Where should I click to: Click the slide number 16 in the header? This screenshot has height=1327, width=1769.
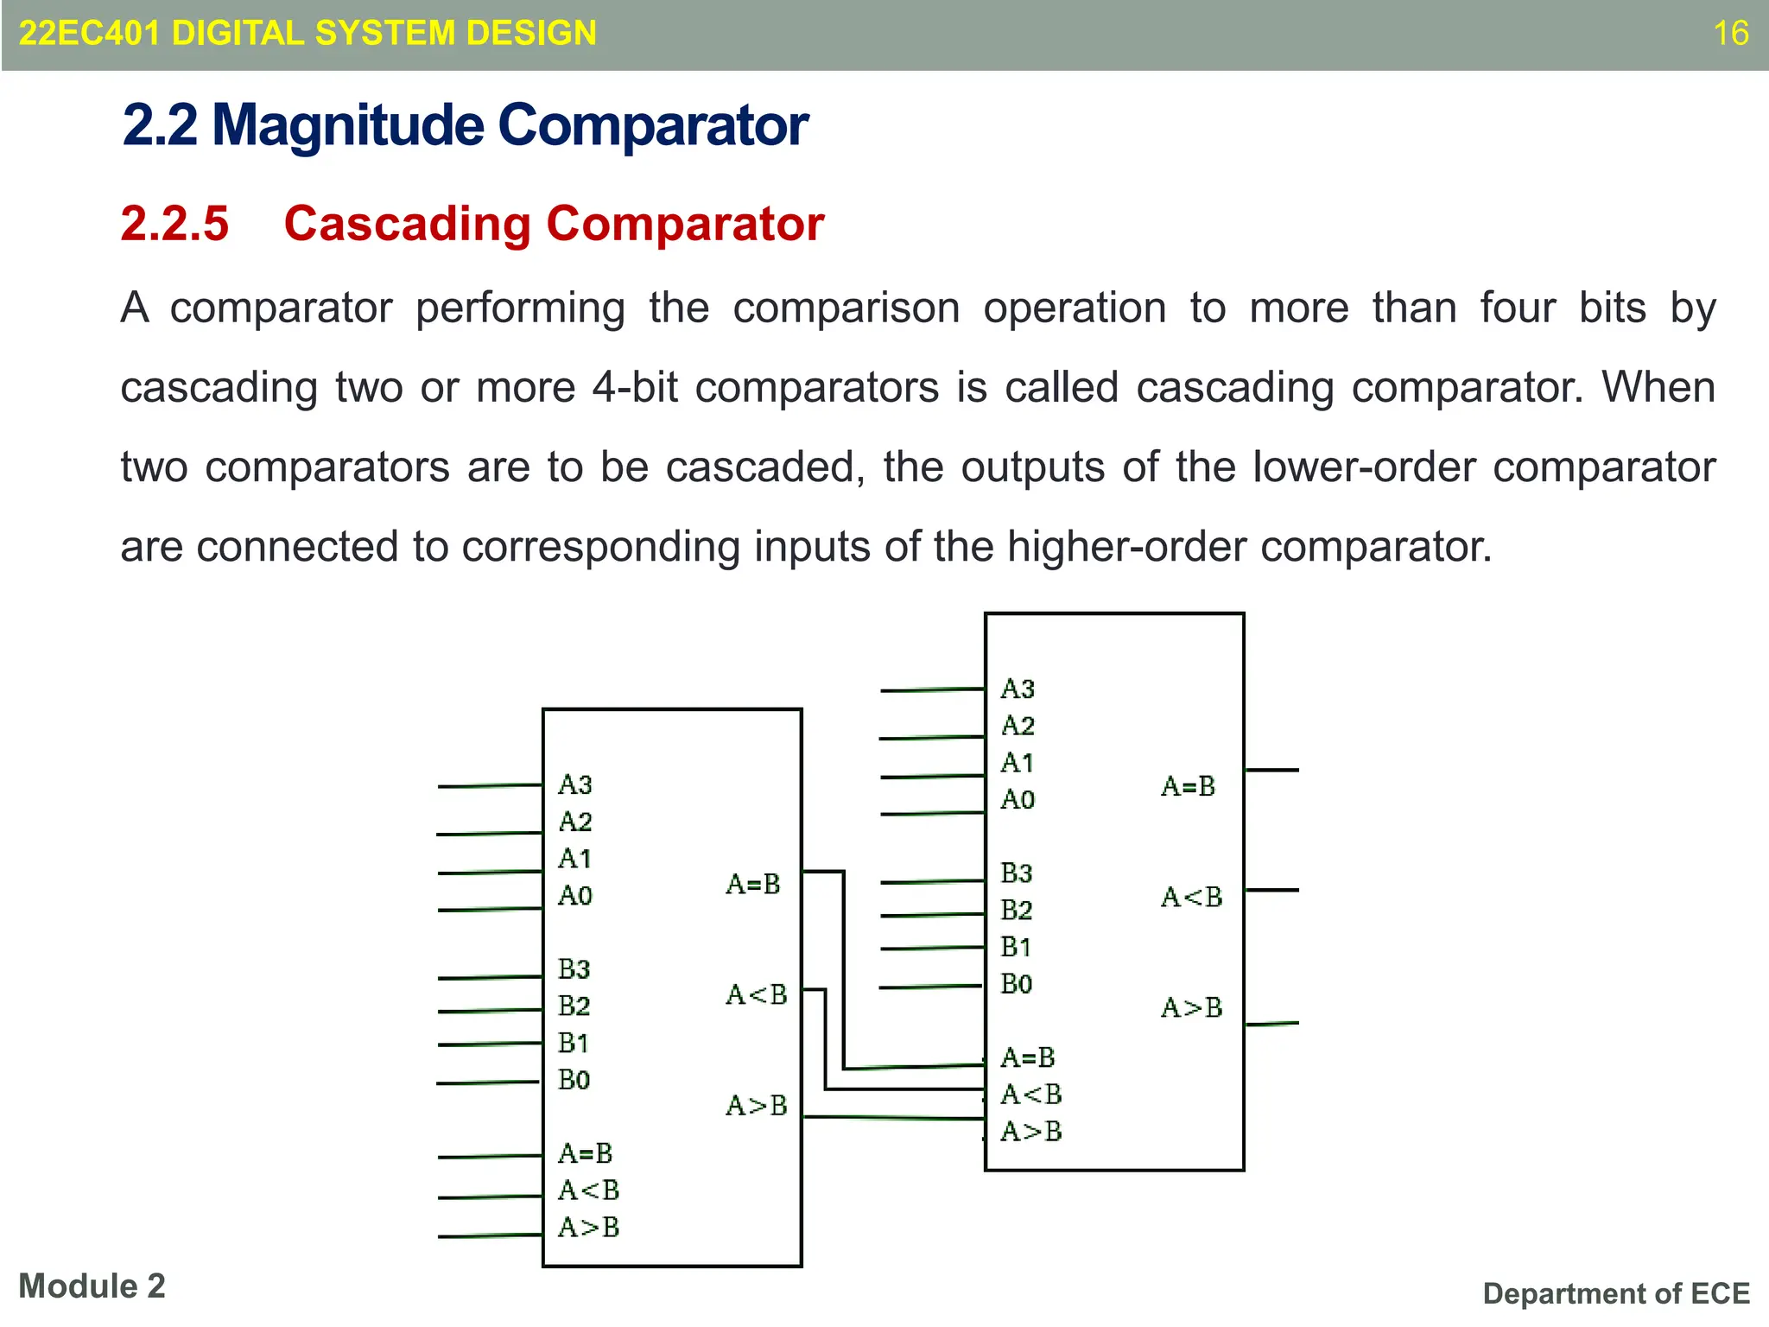(x=1730, y=34)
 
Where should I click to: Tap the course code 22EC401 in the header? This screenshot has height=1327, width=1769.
(x=89, y=34)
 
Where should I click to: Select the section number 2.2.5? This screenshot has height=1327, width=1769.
(x=174, y=224)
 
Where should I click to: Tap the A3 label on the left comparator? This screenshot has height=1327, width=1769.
(x=575, y=784)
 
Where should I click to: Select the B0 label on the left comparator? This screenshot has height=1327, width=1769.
(x=574, y=1080)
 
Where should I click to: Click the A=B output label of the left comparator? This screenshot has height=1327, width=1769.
(x=753, y=884)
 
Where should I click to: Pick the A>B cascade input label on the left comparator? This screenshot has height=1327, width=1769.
(x=589, y=1227)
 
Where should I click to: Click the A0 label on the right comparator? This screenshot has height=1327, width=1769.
(x=1018, y=799)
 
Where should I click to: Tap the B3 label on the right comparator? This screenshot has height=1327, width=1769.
(x=1017, y=873)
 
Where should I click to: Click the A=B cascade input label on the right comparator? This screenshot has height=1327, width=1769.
(x=1028, y=1057)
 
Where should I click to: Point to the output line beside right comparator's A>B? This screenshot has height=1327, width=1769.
(x=1271, y=1024)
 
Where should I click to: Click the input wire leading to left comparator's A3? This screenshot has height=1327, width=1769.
(x=489, y=786)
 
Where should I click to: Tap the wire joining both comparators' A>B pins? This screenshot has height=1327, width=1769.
(x=894, y=1118)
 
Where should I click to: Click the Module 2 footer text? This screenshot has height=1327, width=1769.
(x=92, y=1286)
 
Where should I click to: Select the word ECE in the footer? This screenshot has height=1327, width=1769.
(x=1720, y=1293)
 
